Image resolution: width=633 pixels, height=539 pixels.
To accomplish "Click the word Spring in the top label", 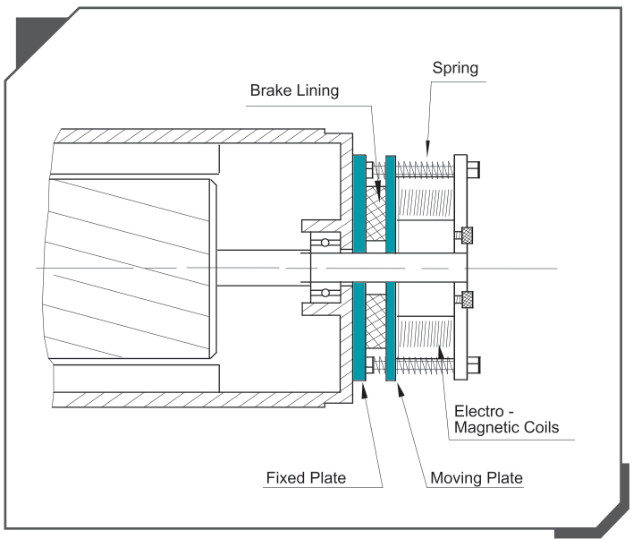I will coord(454,68).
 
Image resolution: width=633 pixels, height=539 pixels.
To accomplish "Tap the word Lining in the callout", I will coord(317,91).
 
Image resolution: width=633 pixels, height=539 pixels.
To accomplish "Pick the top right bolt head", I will coord(473,167).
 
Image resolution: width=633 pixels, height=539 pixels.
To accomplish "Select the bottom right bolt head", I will coord(473,366).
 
